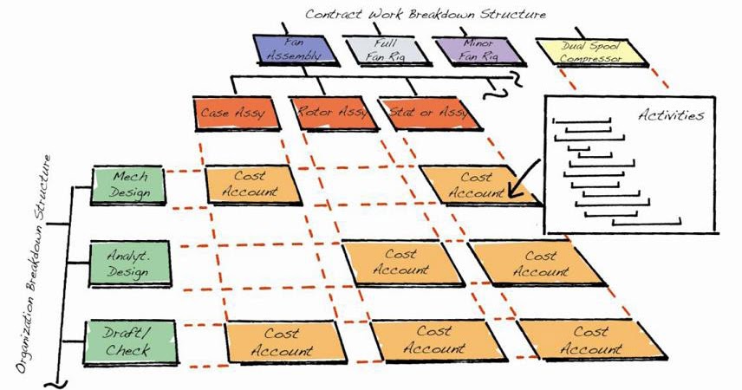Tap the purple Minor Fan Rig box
[x=477, y=49]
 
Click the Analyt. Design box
[x=128, y=263]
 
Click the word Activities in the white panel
[x=670, y=115]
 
